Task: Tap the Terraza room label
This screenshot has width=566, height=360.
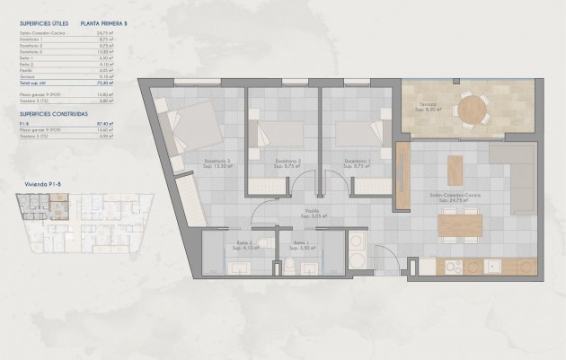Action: click(x=428, y=107)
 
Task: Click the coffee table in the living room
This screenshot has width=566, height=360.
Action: click(x=455, y=170)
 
